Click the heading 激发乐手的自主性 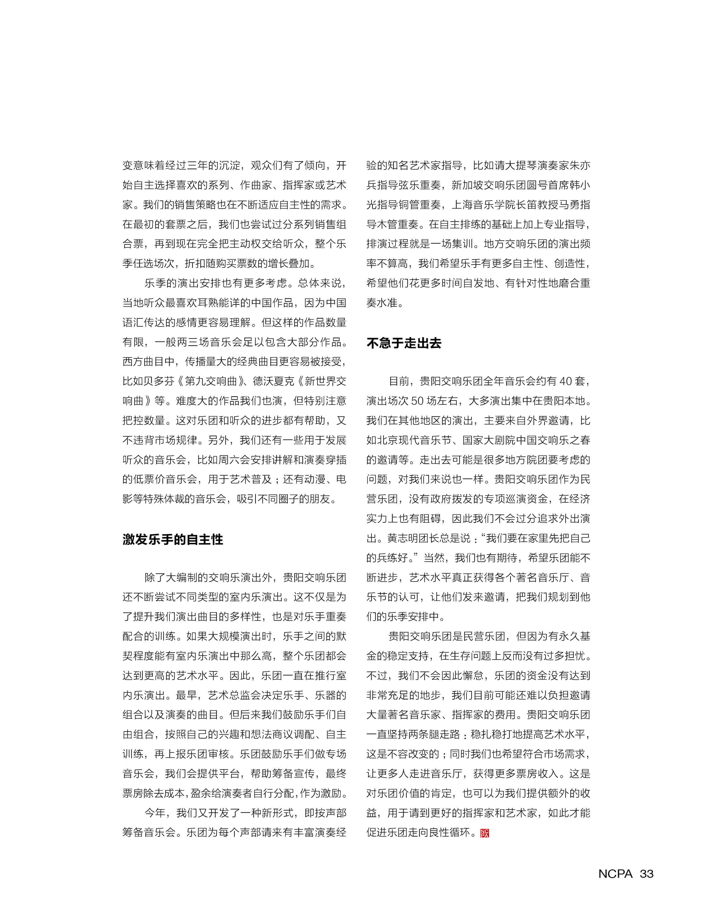point(173,539)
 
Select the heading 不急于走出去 point(404,343)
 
